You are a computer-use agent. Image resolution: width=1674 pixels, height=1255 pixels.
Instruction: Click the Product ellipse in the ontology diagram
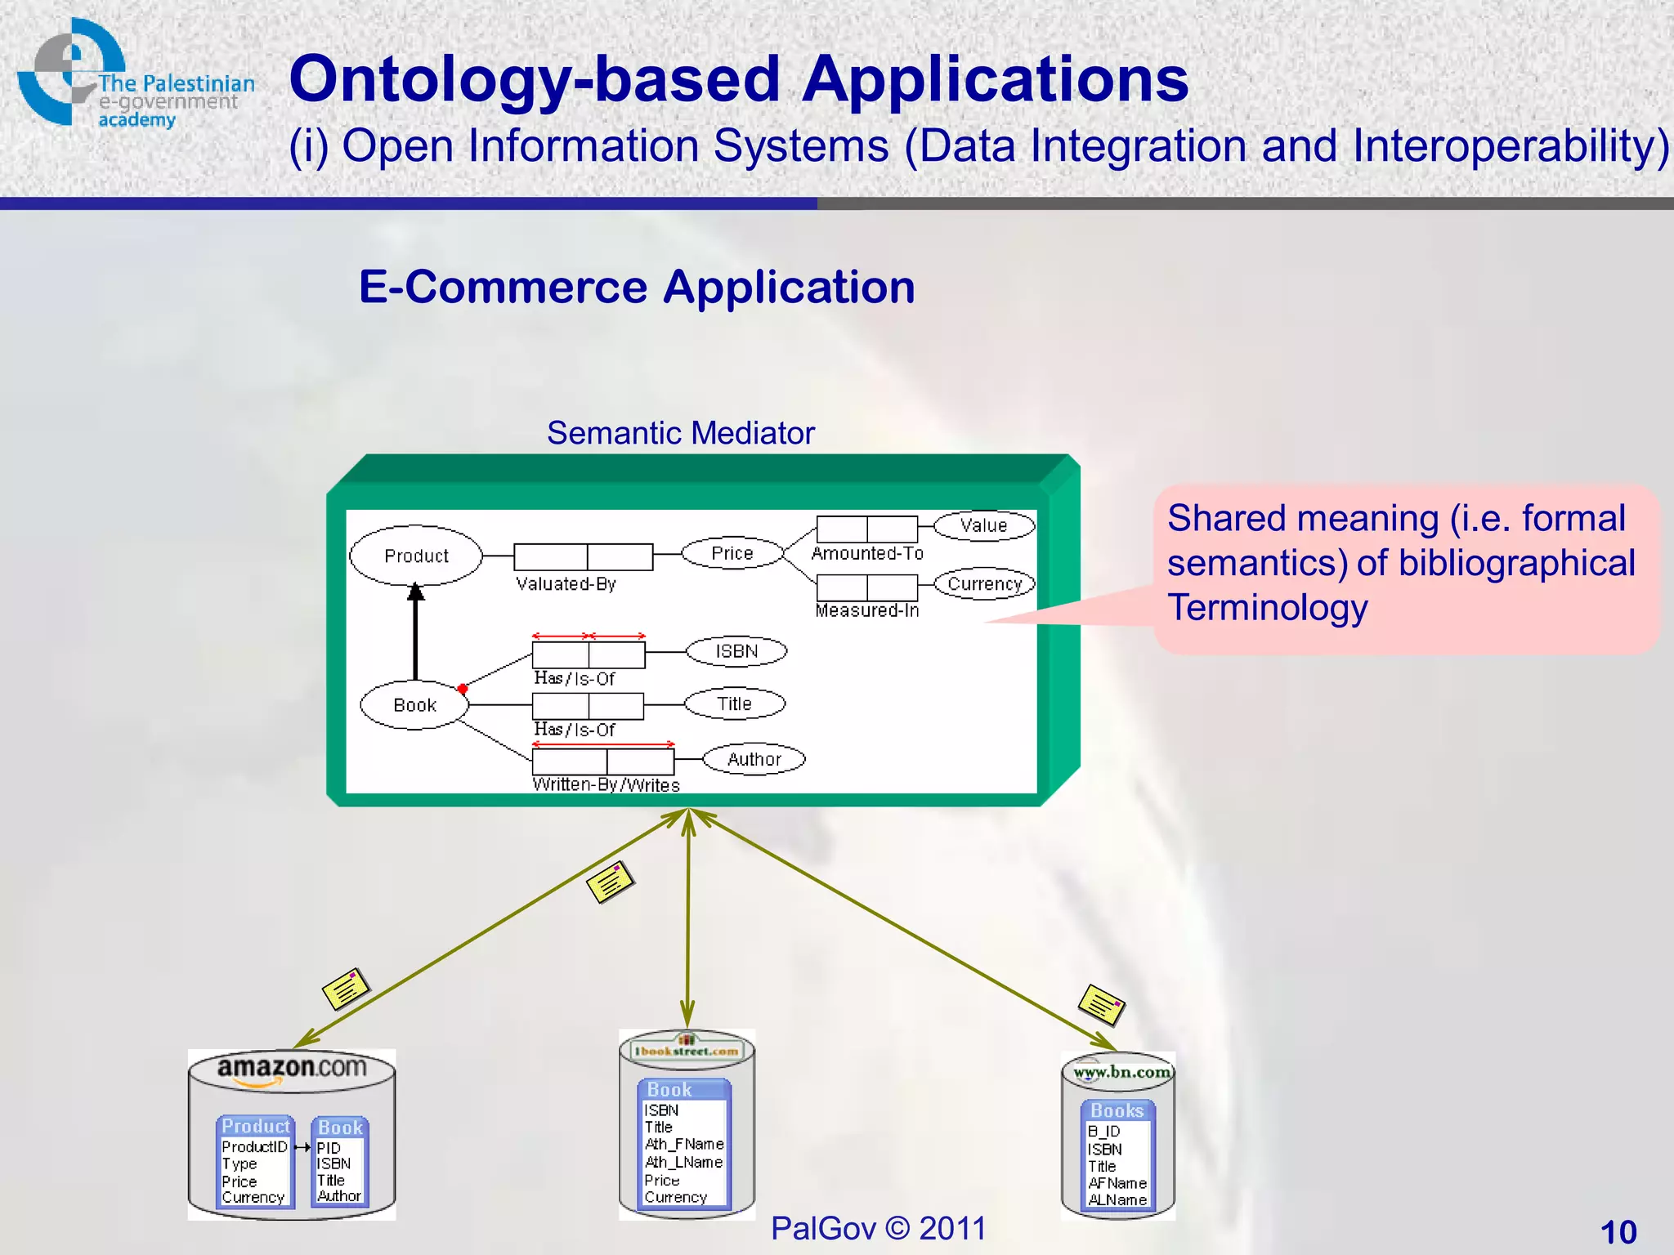click(x=416, y=556)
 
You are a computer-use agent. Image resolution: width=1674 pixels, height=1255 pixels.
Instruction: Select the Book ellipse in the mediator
click(x=414, y=705)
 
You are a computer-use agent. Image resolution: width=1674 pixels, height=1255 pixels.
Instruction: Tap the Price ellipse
click(x=732, y=553)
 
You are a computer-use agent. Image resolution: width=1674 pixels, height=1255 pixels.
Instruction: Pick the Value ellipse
click(x=984, y=525)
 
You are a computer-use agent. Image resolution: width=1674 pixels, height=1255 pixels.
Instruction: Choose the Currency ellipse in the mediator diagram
click(x=985, y=583)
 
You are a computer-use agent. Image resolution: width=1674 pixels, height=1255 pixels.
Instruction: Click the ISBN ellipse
click(x=736, y=651)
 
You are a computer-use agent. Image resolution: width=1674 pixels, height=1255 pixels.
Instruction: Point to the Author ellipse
click(x=754, y=759)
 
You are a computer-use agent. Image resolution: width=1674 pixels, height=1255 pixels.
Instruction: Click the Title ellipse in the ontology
click(x=734, y=703)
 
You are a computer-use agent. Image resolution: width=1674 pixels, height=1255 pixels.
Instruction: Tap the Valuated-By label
click(x=566, y=584)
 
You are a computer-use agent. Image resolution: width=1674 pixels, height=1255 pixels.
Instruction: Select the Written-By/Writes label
click(x=606, y=785)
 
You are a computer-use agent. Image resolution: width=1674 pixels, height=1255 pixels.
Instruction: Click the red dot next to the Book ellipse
click(x=463, y=689)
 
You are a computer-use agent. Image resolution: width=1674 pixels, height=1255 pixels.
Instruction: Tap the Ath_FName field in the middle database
click(x=684, y=1144)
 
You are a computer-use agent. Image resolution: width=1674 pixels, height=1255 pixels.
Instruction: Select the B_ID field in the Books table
click(x=1103, y=1132)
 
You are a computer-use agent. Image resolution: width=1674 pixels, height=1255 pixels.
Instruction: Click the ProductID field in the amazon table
click(x=254, y=1147)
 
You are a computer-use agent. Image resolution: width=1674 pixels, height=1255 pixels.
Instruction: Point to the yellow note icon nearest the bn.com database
click(x=1101, y=1005)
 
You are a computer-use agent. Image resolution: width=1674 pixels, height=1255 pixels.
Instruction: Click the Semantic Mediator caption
click(x=680, y=433)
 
